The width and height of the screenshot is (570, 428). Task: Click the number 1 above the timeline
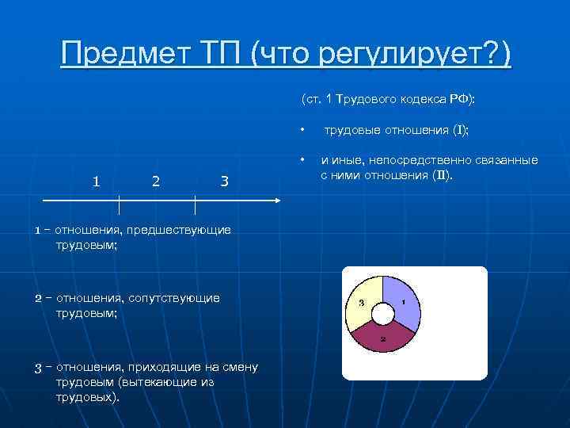point(96,182)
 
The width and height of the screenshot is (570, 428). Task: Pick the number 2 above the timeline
point(156,182)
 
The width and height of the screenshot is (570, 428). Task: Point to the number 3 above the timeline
point(224,182)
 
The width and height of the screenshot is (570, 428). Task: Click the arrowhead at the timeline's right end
point(276,201)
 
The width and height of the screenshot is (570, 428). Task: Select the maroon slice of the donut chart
point(382,338)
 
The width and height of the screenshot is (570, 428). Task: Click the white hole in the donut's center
point(382,314)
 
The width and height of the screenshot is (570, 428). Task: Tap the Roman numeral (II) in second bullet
point(442,175)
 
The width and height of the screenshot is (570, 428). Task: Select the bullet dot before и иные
point(301,159)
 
